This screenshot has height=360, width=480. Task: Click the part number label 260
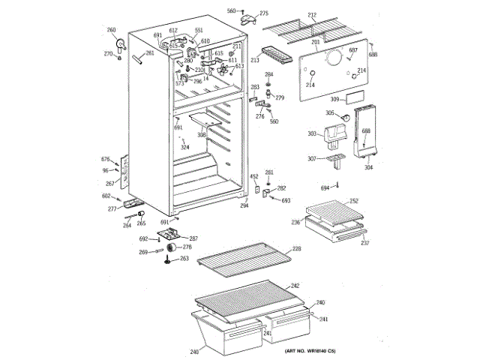click(112, 30)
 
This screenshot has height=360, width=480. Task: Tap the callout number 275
click(263, 13)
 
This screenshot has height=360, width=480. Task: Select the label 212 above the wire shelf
click(312, 15)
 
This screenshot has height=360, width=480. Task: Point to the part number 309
click(334, 100)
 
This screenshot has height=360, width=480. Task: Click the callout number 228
click(296, 248)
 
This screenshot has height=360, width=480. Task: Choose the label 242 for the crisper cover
click(295, 286)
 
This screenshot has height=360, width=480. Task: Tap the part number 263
click(184, 259)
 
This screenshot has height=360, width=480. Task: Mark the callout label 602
click(106, 196)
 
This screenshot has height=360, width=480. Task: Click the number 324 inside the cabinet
click(184, 147)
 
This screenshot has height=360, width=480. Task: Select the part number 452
click(253, 175)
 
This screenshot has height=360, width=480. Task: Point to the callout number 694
click(325, 187)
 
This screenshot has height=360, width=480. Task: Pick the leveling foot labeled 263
click(166, 260)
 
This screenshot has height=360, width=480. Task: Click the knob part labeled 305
click(344, 118)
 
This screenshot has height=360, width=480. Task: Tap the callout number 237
click(364, 242)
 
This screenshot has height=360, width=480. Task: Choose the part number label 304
click(368, 167)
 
